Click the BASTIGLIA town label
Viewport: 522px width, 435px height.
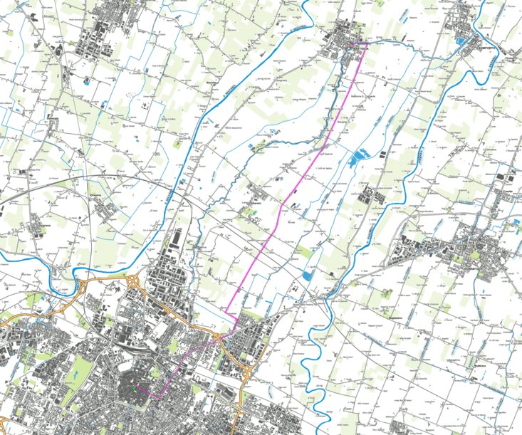361,48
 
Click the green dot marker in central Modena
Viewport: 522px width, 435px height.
132,389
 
